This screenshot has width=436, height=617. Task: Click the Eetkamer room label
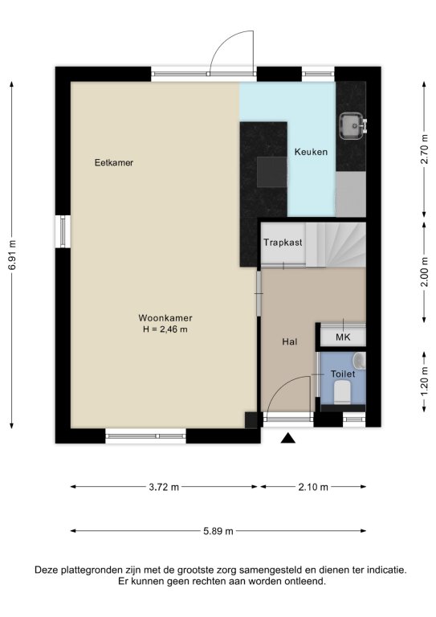coord(114,162)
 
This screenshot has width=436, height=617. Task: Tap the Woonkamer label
coord(165,318)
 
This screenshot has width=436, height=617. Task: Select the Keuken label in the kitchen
coord(311,152)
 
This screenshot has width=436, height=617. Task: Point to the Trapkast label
coord(283,243)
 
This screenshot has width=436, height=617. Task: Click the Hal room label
coord(289,342)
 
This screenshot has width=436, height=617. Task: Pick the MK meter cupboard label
coord(343,337)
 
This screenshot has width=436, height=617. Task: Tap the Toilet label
coord(343,374)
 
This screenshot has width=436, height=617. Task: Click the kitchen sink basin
coord(352,126)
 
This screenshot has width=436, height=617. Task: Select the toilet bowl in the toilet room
coord(342,392)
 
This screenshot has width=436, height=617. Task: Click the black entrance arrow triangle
coord(287,439)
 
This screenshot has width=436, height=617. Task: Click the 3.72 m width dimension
coord(164,487)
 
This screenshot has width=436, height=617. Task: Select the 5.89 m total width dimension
coord(218,531)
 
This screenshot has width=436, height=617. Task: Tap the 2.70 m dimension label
coord(424,149)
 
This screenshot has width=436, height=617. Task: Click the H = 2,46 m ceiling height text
coord(165,329)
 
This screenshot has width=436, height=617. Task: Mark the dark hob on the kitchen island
coord(271,172)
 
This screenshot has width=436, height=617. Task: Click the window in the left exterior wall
coord(63,231)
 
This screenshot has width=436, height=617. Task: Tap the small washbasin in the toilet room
coord(360,362)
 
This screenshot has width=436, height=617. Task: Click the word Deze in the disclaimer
coord(46,570)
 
